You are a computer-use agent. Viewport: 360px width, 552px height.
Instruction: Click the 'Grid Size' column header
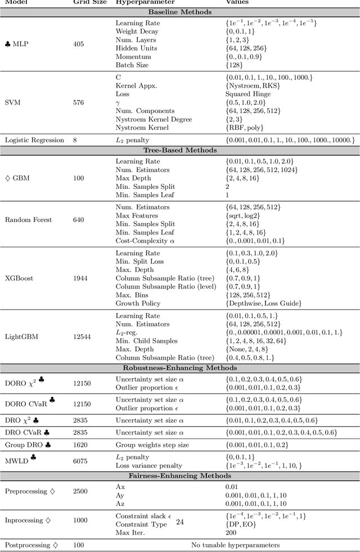(88, 3)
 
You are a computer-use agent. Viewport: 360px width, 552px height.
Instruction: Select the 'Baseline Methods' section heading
(180, 12)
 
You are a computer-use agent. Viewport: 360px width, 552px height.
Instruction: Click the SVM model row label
(12, 103)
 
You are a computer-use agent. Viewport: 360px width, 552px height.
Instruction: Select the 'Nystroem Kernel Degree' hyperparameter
(154, 119)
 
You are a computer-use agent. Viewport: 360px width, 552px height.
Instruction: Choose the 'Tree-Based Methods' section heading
(180, 151)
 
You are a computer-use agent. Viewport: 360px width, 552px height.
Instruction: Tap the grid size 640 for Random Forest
(80, 220)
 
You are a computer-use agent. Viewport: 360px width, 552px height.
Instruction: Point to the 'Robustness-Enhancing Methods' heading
(180, 368)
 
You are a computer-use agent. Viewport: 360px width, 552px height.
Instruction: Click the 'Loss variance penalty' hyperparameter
(149, 465)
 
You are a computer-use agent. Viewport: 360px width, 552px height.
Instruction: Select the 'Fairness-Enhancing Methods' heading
(180, 476)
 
